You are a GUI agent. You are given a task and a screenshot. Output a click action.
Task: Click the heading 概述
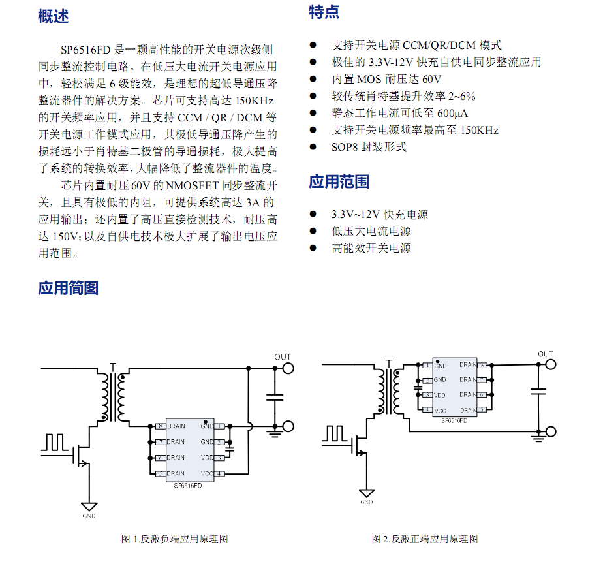coord(53,17)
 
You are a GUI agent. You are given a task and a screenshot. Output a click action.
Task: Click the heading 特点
coord(324,12)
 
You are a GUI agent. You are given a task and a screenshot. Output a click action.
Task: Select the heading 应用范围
coord(339,182)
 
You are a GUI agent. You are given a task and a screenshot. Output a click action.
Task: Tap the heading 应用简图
coord(68,288)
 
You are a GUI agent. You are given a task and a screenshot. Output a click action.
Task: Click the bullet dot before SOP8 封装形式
coord(313,147)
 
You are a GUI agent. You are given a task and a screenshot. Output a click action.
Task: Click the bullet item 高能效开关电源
coord(371,248)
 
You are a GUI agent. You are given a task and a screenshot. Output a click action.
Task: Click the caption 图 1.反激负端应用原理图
coord(175,539)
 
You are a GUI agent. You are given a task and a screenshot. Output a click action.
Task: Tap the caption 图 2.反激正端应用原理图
coord(425,539)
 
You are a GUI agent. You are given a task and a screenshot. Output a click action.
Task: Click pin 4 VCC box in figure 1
coord(220,473)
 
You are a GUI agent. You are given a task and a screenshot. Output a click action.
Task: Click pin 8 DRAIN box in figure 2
coord(482,365)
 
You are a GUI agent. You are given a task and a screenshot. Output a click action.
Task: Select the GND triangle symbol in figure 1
coord(89,506)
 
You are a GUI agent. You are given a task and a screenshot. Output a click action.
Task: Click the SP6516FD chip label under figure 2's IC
coord(454,422)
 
